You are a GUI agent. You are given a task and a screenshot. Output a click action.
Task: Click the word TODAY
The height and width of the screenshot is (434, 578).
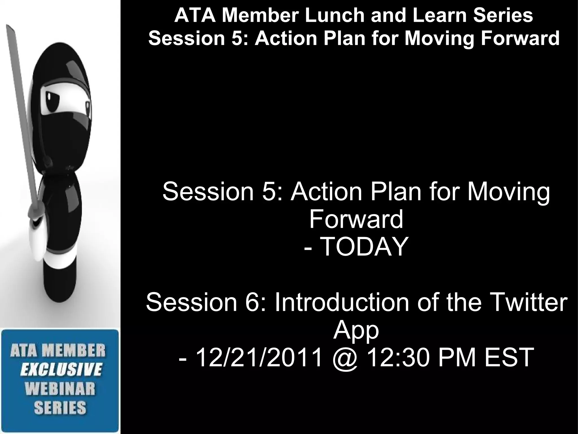click(x=364, y=247)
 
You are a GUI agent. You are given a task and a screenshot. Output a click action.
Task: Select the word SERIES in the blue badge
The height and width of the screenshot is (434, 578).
click(x=60, y=408)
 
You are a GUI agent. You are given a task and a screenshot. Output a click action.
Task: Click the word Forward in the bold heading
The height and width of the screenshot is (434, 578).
click(x=520, y=38)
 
